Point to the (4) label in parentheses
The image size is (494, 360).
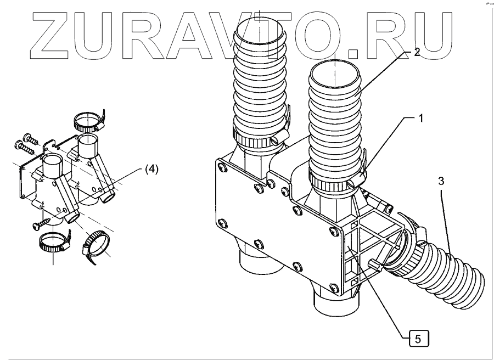pyautogui.click(x=151, y=170)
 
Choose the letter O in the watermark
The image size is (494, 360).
pyautogui.click(x=329, y=33)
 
